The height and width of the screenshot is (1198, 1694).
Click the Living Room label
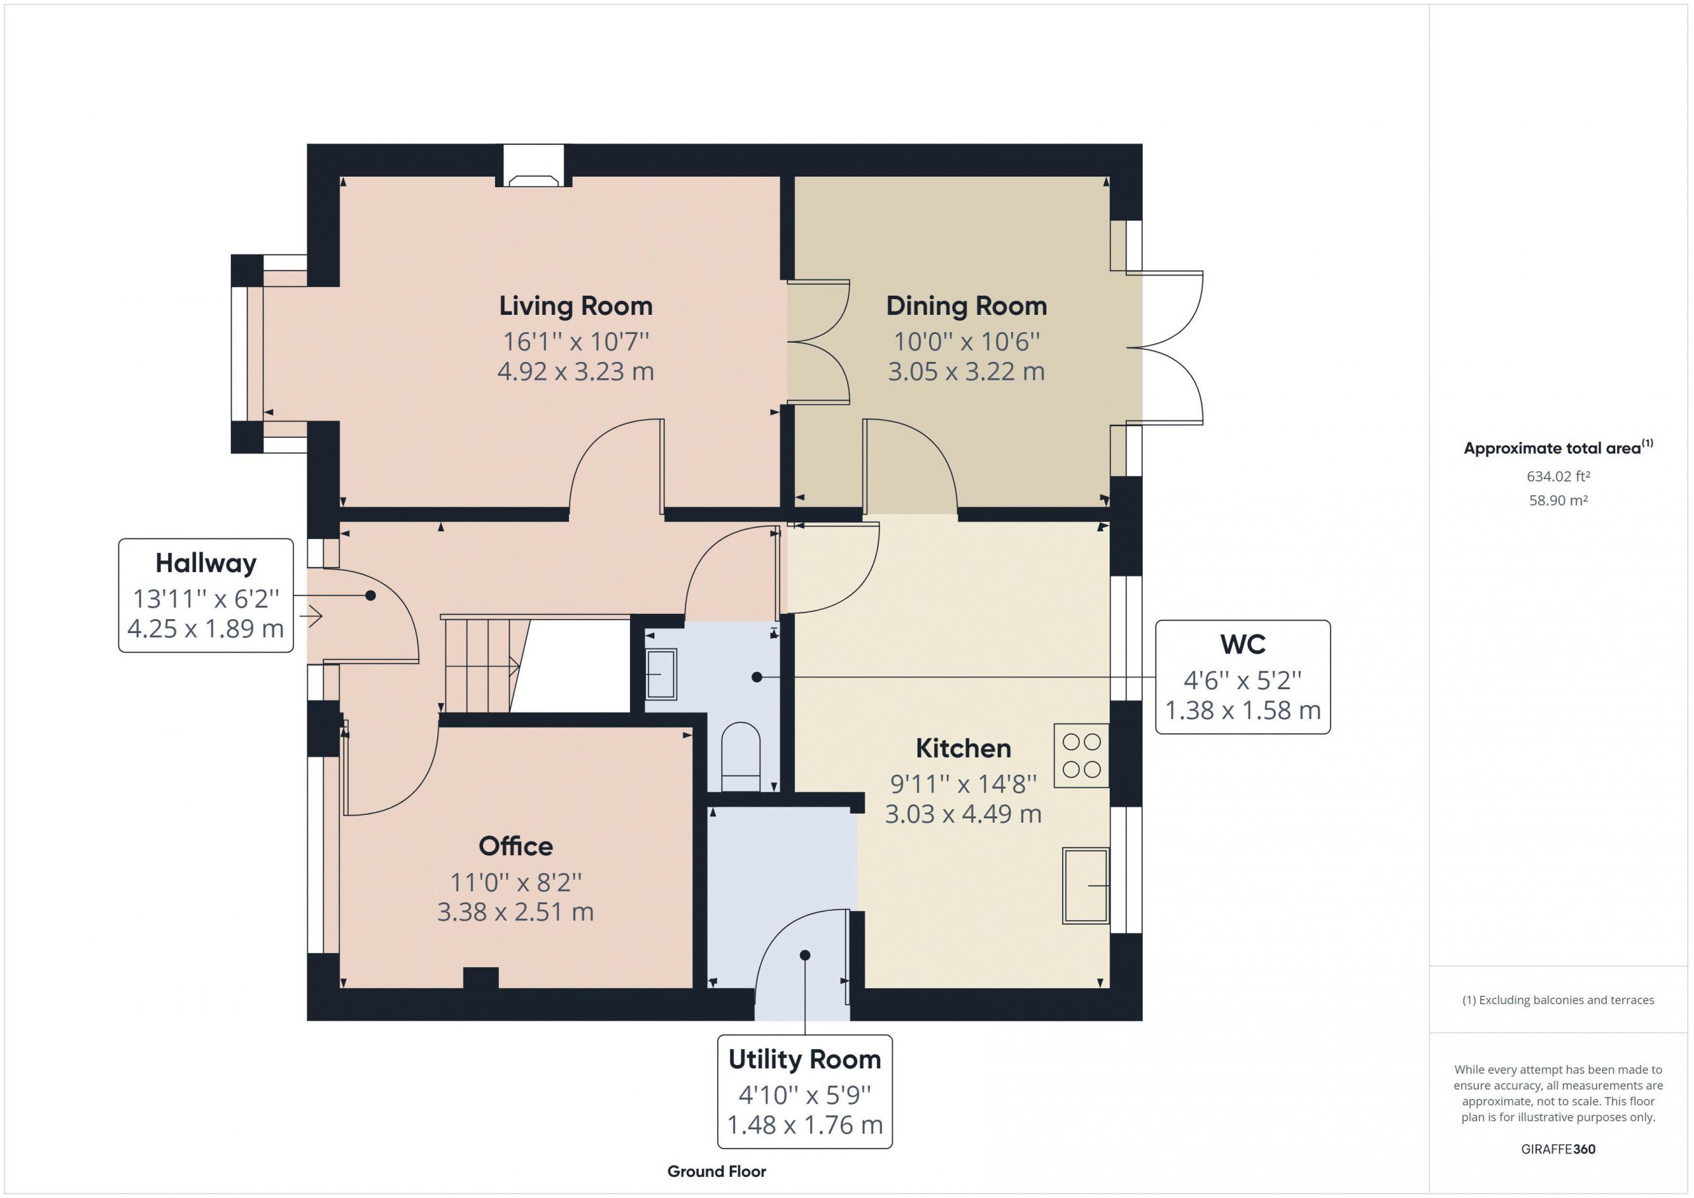(576, 306)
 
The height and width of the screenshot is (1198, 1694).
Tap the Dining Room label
(967, 306)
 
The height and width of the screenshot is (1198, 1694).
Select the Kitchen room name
(963, 748)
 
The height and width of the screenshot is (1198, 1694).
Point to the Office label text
(515, 846)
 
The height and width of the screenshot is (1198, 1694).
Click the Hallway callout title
(206, 563)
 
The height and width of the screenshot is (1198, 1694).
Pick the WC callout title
(1243, 644)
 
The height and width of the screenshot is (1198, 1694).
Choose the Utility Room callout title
(805, 1059)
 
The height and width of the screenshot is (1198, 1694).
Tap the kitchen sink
(1085, 885)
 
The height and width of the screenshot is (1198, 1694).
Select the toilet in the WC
(740, 757)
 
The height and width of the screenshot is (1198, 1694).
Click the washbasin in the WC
(661, 673)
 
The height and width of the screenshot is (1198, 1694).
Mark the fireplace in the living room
(534, 181)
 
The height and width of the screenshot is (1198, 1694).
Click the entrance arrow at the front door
(314, 616)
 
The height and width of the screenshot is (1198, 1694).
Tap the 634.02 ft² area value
(1558, 476)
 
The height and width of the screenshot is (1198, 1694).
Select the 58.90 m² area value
(1558, 500)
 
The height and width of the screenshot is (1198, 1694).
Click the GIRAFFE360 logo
(1558, 1148)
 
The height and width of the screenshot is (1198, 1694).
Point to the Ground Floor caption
(717, 1172)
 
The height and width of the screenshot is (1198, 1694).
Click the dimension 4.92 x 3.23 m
(576, 371)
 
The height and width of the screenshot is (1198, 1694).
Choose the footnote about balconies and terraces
(1558, 1000)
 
